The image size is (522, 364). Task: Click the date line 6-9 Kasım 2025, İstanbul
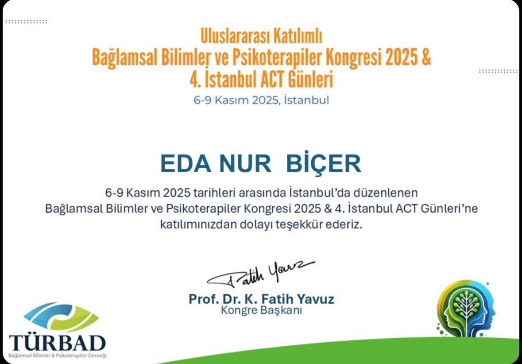click(261, 100)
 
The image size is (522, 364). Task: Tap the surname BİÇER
click(324, 164)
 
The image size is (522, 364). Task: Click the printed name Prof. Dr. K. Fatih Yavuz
click(261, 299)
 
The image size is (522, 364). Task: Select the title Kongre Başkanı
click(261, 310)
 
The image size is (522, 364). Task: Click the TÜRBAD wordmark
click(58, 342)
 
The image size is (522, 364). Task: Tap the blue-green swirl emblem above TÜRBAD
click(60, 316)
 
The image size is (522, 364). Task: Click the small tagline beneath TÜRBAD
click(58, 355)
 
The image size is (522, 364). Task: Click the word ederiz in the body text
click(347, 225)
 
